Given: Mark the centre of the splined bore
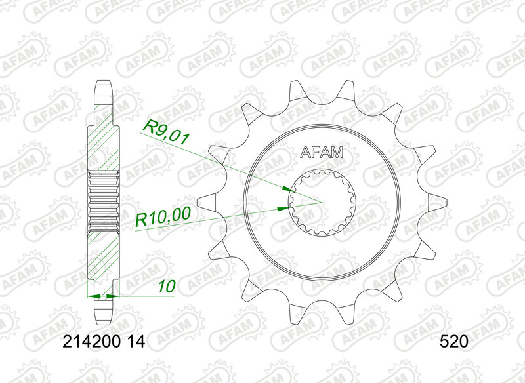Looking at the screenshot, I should [322, 202].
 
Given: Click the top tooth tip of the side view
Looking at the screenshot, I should [104, 83].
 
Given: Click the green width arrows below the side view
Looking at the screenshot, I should [104, 297].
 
